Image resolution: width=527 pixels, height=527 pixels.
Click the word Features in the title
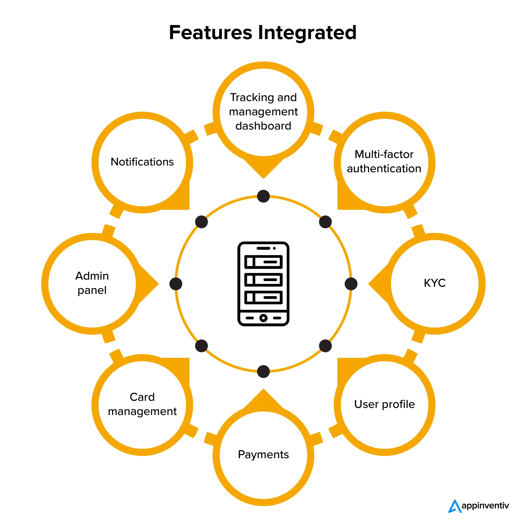210,33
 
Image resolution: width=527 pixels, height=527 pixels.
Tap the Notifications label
142,162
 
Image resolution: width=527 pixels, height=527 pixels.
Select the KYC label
435,283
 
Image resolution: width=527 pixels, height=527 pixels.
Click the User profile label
384,404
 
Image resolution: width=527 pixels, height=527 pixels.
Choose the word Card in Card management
142,397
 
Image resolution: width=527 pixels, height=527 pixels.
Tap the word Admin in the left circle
92,276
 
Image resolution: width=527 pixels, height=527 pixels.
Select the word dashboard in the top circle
263,126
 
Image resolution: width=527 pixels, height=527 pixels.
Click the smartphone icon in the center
263,284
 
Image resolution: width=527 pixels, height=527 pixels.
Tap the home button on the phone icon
263,318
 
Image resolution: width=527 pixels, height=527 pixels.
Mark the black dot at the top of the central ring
263,196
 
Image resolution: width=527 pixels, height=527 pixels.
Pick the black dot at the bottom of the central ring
263,371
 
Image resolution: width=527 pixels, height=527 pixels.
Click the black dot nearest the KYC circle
351,284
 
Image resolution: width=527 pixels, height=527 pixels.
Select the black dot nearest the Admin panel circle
176,284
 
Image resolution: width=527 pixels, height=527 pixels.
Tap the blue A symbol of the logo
455,507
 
